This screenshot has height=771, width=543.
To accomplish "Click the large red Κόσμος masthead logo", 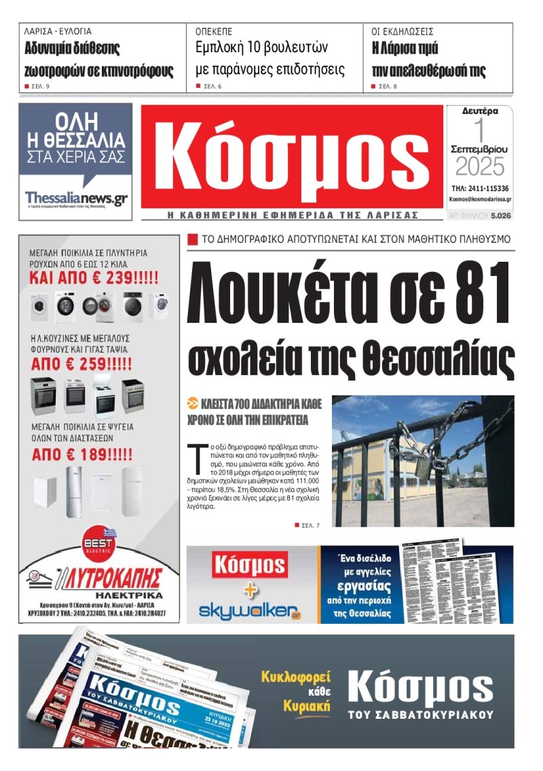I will pos(292,159).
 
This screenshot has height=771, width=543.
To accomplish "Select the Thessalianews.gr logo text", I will pos(76,198).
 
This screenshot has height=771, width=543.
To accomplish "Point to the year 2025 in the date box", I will pos(480,166).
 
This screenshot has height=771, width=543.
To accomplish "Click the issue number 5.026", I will pos(500,216).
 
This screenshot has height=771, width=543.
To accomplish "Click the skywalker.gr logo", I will pos(249,610).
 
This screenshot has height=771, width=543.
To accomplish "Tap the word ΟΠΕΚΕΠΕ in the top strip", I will pos(214,31).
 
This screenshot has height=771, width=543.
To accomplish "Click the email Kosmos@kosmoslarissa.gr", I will pos(480,200).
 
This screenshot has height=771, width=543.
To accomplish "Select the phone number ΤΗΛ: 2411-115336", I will pos(480,189).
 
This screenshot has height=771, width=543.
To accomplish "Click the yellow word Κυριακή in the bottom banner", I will pos(307,706).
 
